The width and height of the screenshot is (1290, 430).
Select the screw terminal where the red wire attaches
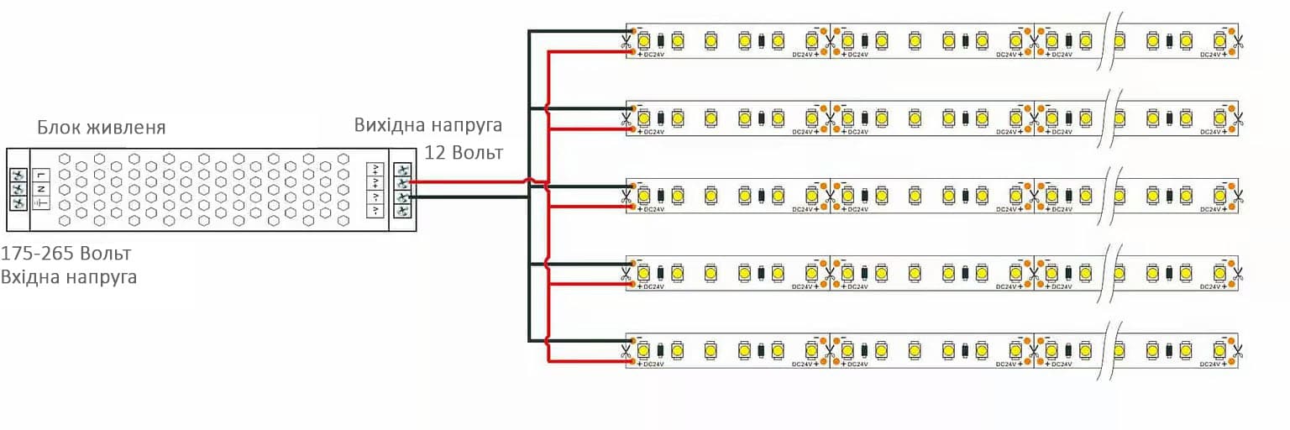(402, 182)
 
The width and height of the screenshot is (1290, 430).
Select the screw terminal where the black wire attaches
(402, 197)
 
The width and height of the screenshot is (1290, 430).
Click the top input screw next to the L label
(17, 175)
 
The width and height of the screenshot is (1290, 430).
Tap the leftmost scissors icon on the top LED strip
(627, 40)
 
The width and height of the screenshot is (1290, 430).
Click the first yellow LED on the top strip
(644, 39)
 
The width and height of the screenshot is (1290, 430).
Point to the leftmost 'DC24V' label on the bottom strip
(654, 364)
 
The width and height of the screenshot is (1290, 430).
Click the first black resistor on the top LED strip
(661, 39)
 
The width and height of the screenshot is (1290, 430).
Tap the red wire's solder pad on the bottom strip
(631, 362)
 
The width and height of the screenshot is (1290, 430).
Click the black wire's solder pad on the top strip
(631, 30)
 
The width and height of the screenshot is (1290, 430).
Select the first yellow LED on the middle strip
(644, 195)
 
